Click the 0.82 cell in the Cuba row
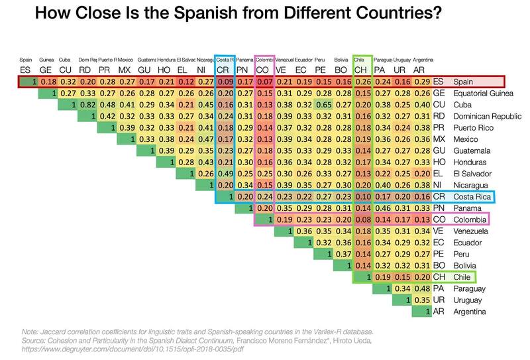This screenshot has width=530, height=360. point(85,105)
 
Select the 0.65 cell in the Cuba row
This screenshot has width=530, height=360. point(324,105)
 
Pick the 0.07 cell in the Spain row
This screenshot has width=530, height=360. point(264,82)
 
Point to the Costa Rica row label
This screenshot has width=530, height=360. point(472,197)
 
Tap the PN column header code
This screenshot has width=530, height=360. point(243,70)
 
